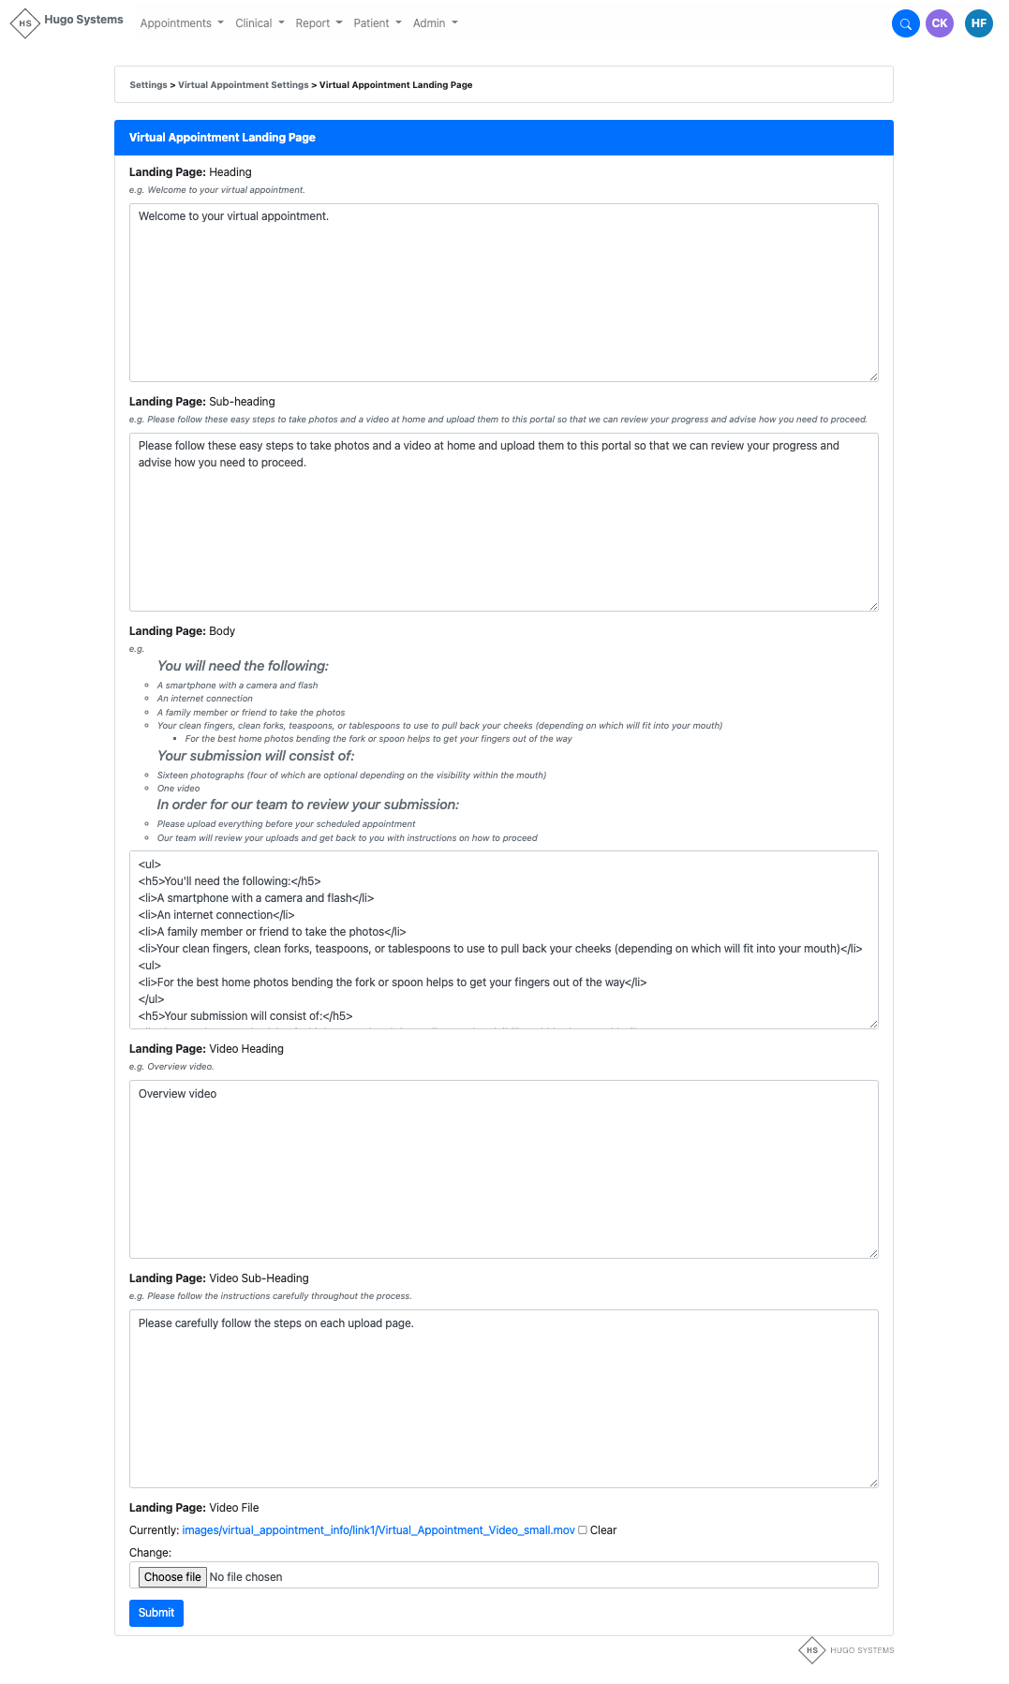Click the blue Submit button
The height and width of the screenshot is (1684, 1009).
click(156, 1613)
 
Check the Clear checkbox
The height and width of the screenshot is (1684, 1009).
click(583, 1530)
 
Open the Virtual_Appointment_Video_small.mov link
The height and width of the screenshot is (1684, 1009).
click(378, 1530)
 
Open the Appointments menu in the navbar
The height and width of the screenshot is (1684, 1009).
click(181, 23)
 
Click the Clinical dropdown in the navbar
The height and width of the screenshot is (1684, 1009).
click(260, 23)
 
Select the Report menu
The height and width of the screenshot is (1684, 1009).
click(319, 23)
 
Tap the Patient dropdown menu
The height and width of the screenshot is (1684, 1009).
click(377, 23)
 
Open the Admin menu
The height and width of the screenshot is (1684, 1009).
click(435, 23)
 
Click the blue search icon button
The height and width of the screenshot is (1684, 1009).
click(905, 23)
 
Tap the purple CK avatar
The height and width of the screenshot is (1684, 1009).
click(940, 23)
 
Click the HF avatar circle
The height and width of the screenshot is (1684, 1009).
click(979, 23)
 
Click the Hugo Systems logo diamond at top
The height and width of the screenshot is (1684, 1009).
click(25, 23)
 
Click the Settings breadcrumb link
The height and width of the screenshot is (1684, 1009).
click(148, 85)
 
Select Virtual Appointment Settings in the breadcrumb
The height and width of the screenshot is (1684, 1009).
click(243, 85)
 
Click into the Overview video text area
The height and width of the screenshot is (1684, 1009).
click(503, 1168)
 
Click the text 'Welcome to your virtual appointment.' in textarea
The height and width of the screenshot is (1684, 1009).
click(233, 216)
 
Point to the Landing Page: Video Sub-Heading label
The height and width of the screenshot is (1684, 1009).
click(218, 1278)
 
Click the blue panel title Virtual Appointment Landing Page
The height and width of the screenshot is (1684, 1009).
click(222, 138)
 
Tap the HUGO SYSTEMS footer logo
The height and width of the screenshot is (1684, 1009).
click(846, 1650)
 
